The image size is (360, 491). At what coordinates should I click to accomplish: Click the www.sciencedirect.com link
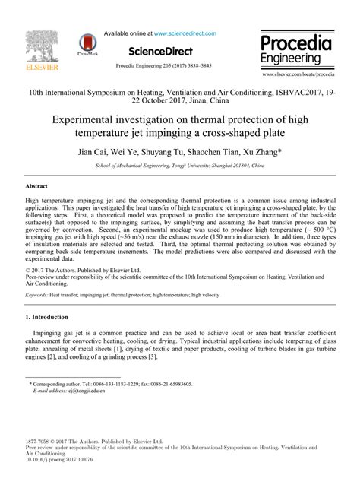(186, 34)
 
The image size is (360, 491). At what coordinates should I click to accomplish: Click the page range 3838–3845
(219, 66)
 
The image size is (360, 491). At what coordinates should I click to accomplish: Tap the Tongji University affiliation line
(180, 165)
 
